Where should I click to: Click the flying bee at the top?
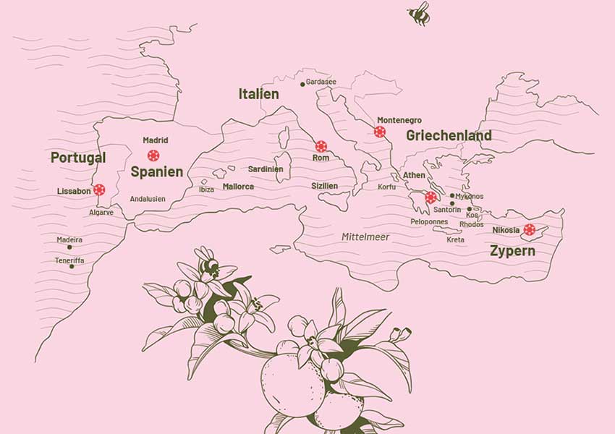click(419, 14)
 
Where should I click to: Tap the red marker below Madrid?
click(153, 156)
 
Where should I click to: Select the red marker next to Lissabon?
click(99, 190)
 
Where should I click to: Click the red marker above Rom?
click(321, 146)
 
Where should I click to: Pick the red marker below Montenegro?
click(380, 132)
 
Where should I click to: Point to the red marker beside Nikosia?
click(530, 229)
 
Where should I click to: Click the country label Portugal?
click(78, 158)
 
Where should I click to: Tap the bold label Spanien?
click(156, 172)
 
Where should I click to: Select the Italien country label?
click(258, 94)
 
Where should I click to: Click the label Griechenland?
click(449, 135)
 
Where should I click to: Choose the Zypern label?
click(512, 252)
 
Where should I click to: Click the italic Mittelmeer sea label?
click(365, 237)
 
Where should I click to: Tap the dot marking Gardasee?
click(302, 85)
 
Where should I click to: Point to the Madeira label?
click(69, 239)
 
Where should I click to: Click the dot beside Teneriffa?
click(72, 266)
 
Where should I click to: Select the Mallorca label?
click(238, 187)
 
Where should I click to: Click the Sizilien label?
click(324, 186)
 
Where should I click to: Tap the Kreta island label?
click(455, 239)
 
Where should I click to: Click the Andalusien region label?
click(148, 198)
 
